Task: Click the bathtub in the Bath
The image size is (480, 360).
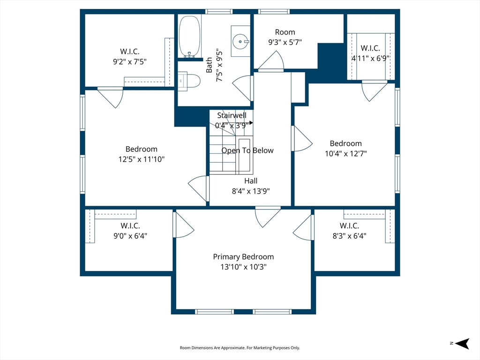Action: (189, 37)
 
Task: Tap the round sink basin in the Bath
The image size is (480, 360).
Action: (241, 42)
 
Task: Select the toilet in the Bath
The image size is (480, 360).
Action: (189, 81)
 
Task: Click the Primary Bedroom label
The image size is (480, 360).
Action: (243, 257)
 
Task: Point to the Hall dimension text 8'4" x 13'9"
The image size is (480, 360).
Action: (251, 191)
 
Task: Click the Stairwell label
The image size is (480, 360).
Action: (232, 115)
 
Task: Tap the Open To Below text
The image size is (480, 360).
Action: (247, 150)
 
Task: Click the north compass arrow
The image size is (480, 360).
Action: (462, 344)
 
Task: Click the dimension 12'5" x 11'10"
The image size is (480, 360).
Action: (142, 159)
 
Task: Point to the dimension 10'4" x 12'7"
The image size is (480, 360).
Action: (345, 154)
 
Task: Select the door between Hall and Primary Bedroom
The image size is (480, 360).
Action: (268, 217)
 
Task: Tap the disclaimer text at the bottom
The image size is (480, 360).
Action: (240, 348)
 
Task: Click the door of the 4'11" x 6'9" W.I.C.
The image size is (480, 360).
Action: (375, 90)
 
